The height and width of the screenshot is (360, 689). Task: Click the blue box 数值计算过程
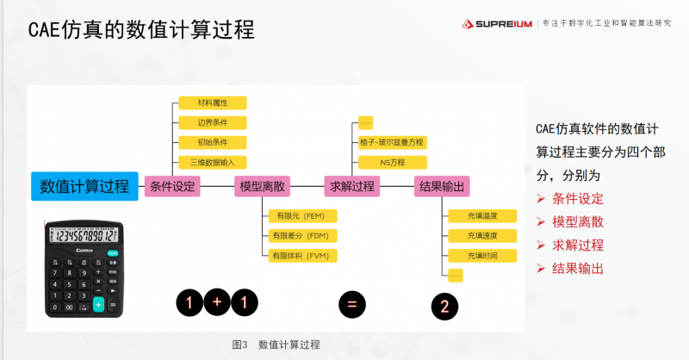coord(84,186)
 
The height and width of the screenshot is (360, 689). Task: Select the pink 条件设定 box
coord(173,186)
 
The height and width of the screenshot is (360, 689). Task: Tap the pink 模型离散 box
coord(263,186)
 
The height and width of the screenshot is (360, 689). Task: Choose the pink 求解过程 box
coord(352,186)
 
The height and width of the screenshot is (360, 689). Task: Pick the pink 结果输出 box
coord(441,186)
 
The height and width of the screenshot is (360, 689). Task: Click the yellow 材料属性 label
coord(212,102)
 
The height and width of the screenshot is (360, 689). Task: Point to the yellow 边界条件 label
coord(212,122)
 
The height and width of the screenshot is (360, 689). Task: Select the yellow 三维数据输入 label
coord(212,162)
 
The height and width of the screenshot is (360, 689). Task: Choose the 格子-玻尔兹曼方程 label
coord(392,142)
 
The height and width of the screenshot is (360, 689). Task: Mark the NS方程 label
coord(392,162)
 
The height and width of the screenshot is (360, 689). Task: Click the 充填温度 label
coord(482,215)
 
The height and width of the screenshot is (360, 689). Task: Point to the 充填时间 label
coord(482,255)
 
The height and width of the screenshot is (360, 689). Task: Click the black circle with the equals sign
coord(351,303)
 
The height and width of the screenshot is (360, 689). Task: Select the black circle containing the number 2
coord(444,306)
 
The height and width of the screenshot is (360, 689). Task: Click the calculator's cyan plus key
coord(98,305)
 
